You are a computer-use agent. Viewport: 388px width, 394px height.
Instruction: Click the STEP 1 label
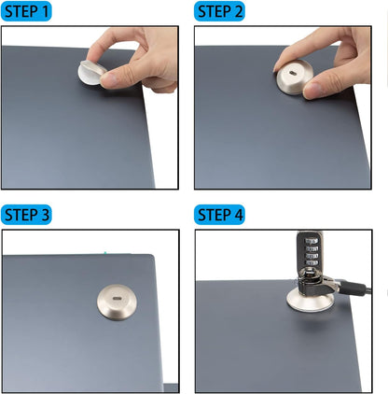27,12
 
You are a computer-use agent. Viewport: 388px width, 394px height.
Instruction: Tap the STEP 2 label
220,12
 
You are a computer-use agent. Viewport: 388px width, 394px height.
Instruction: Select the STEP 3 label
27,215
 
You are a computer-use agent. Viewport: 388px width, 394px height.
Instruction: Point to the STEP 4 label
220,215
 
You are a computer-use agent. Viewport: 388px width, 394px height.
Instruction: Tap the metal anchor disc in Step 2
297,78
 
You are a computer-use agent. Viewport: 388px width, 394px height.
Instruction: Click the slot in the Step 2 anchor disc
297,74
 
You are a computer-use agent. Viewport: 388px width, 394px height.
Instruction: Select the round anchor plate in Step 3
118,303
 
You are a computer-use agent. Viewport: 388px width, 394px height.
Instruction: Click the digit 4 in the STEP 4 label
238,215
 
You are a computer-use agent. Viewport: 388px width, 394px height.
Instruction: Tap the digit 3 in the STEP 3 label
45,215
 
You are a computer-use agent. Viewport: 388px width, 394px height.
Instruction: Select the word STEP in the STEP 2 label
214,12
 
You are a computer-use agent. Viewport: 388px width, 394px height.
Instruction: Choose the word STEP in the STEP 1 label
21,12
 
